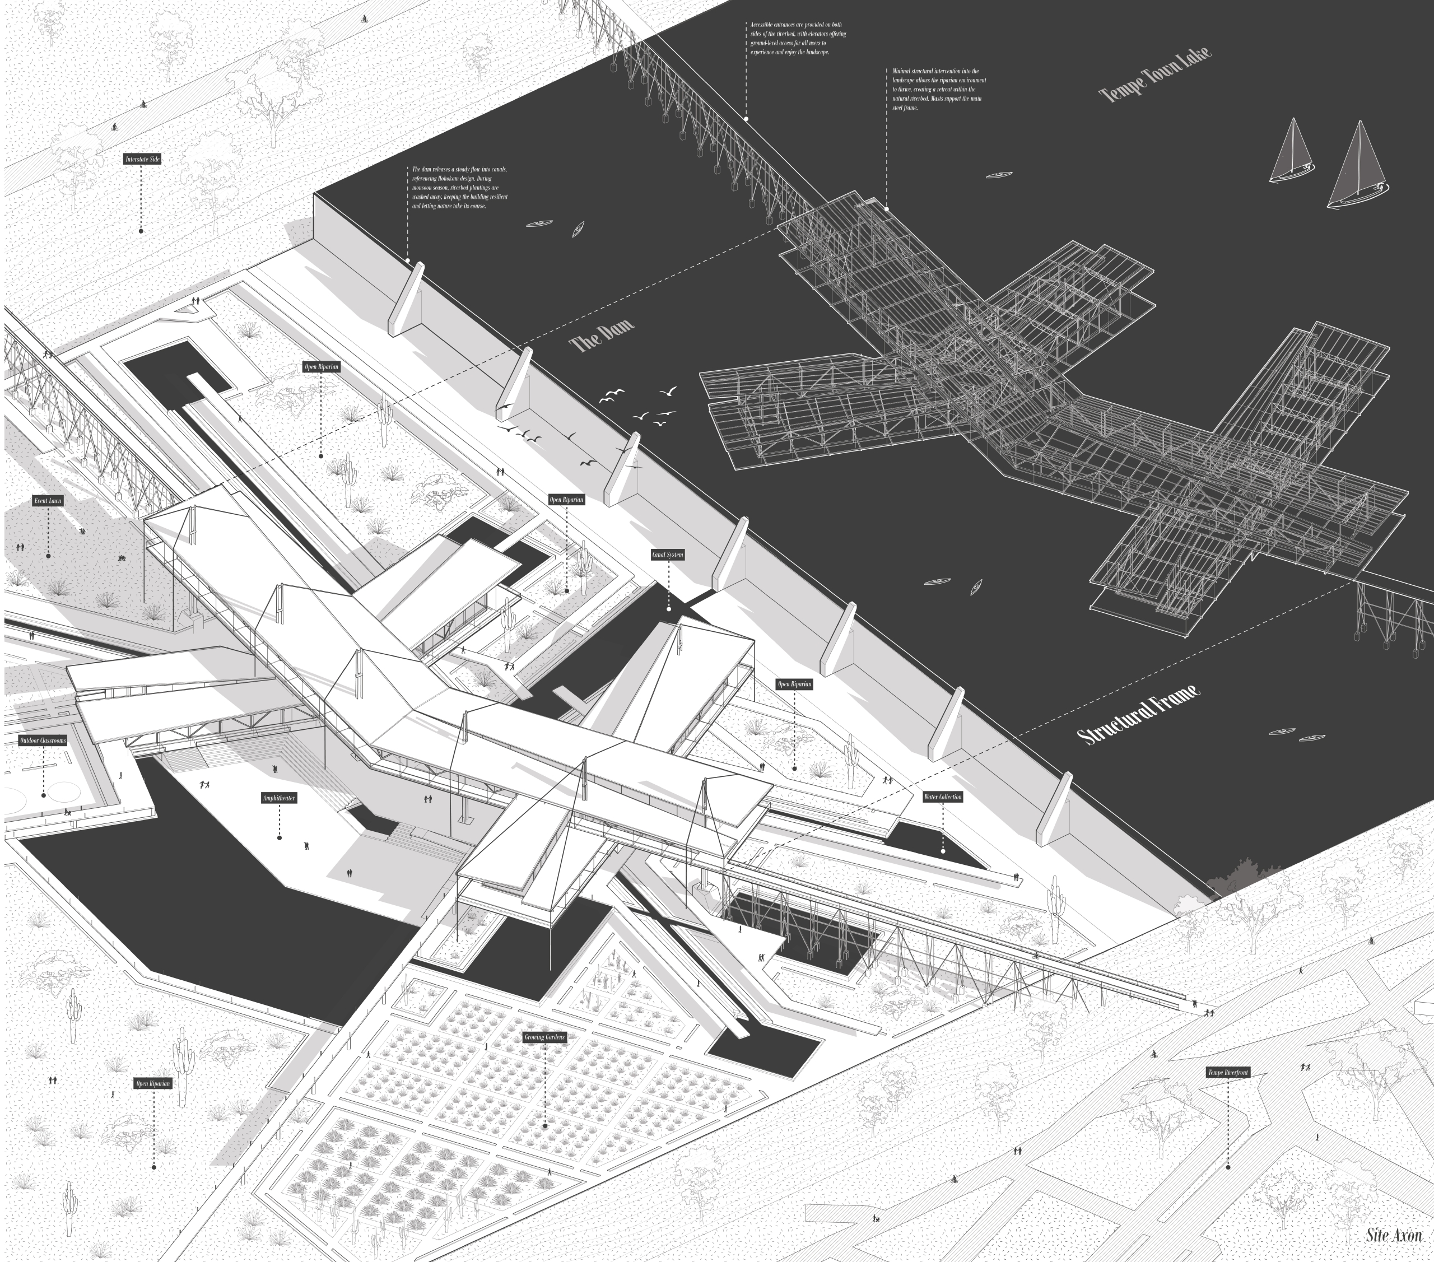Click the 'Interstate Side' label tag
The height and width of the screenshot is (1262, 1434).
tap(142, 159)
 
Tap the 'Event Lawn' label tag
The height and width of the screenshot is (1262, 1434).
tap(48, 501)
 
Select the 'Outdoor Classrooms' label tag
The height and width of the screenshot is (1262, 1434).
tap(43, 741)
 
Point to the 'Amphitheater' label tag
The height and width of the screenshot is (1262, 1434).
tap(279, 798)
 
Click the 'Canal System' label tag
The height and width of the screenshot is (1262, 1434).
tap(667, 555)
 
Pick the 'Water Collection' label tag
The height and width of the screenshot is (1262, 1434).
tap(942, 797)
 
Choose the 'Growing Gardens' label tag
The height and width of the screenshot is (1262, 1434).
tap(544, 1037)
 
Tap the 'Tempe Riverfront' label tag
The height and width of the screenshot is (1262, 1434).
tap(1228, 1073)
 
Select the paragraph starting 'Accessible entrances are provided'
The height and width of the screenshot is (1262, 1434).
tap(798, 39)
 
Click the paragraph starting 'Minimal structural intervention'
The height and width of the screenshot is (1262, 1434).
tap(939, 89)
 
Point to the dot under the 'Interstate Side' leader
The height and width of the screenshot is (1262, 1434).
tap(141, 231)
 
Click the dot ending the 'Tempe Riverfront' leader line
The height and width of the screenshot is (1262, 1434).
tap(1228, 1167)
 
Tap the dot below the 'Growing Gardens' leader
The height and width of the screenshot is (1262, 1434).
tap(545, 1126)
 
